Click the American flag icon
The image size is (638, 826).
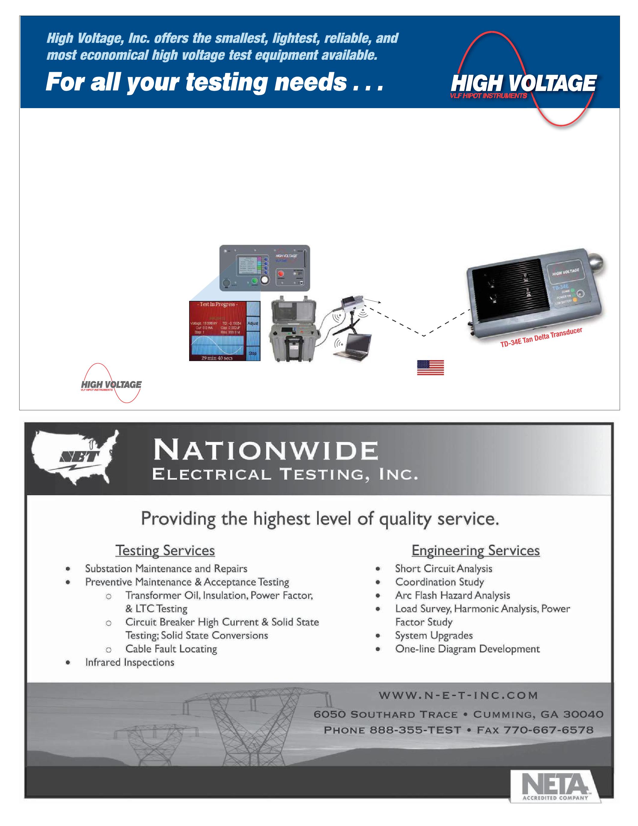(x=430, y=367)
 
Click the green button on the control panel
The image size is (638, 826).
(x=254, y=280)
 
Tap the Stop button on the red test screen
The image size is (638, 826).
(x=253, y=353)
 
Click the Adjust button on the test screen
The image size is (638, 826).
(x=253, y=323)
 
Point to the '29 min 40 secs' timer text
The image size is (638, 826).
(x=217, y=358)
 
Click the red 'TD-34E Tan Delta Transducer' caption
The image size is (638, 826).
(x=541, y=339)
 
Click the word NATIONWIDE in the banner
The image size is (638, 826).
(x=265, y=451)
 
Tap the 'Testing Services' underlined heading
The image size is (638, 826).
(x=165, y=550)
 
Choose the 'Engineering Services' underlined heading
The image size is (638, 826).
(x=476, y=550)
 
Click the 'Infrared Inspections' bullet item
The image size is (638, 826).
(x=130, y=662)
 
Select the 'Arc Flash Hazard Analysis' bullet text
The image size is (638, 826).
(x=452, y=595)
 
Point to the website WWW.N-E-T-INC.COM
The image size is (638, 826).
(x=458, y=695)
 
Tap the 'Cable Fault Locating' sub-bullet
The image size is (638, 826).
(x=171, y=648)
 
